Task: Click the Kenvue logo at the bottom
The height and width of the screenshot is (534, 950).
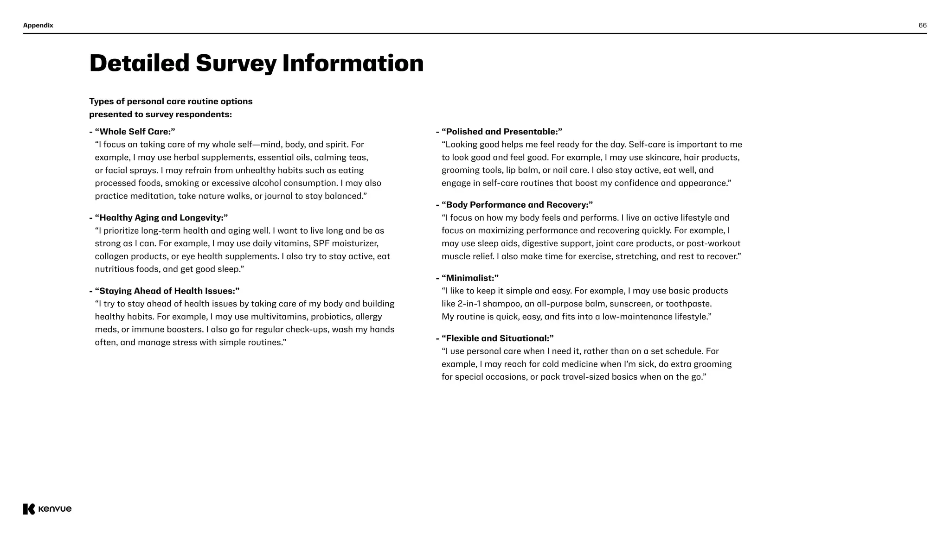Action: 47,509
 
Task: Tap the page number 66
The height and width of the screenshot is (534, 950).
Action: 922,25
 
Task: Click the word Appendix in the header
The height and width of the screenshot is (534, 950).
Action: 38,25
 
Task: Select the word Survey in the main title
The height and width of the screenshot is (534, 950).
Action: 236,64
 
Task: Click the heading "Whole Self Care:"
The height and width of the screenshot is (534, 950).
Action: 135,132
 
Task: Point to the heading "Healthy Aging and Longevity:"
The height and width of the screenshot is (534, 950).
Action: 161,218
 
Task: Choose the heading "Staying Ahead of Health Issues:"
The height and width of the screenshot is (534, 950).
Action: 167,291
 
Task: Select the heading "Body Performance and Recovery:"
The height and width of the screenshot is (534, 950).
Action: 517,205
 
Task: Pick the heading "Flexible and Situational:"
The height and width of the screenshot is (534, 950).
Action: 497,338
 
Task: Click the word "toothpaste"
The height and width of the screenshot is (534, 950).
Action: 688,304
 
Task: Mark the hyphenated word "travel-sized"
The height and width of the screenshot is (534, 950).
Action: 585,377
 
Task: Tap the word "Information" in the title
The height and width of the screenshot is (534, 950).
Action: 353,64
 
